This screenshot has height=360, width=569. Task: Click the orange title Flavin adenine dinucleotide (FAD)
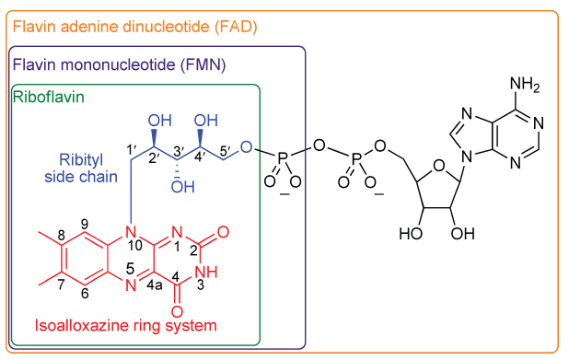point(134,27)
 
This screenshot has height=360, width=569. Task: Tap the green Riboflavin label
point(43,95)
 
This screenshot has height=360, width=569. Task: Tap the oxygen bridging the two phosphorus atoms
point(319,145)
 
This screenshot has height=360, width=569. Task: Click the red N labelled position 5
point(132,285)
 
